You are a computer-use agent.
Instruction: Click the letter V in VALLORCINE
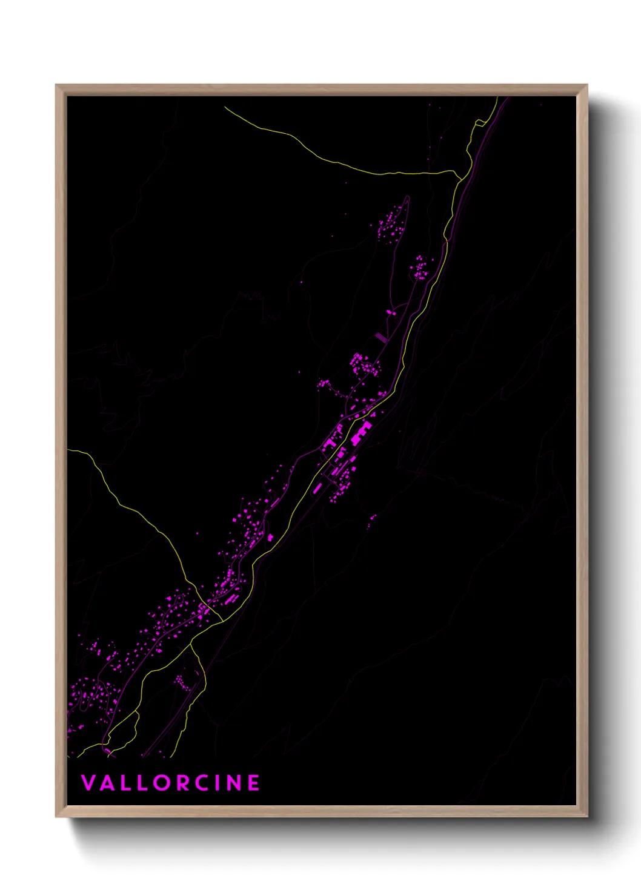point(88,783)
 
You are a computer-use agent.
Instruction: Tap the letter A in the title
point(107,783)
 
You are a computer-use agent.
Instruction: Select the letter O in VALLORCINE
point(161,783)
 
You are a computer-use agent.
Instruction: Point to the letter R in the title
point(181,783)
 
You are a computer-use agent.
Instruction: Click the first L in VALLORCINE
point(125,783)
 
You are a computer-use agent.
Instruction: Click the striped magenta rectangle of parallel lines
point(380,336)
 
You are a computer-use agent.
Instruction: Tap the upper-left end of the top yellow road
point(225,108)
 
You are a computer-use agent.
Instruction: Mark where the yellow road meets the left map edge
point(68,450)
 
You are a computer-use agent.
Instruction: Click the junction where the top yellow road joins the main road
point(460,176)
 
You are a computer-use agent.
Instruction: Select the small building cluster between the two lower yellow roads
point(180,682)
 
